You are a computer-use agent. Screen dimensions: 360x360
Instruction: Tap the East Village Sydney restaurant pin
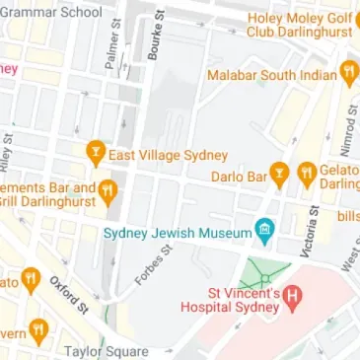click(95, 154)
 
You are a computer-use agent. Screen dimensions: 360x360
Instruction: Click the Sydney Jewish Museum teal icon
click(263, 232)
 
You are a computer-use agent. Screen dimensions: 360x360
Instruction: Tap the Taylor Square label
click(106, 350)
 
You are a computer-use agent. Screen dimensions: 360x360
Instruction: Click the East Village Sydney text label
click(169, 155)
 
